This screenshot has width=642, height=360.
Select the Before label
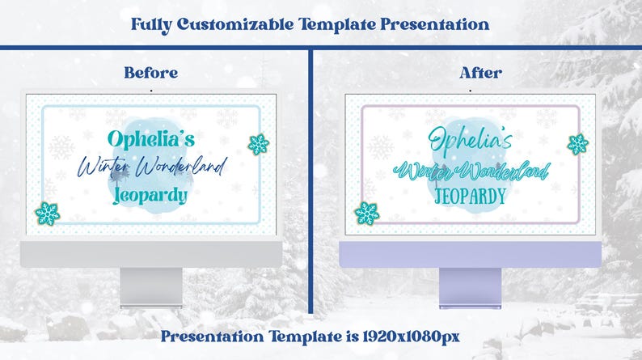coord(150,73)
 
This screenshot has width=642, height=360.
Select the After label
coord(480,73)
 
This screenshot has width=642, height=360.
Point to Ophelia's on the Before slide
coord(150,138)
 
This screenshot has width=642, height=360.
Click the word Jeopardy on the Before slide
coord(150,195)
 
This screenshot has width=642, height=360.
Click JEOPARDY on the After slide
coord(471,196)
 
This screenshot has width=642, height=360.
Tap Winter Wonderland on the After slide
coord(471,170)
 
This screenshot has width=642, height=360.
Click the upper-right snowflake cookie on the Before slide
coord(258,145)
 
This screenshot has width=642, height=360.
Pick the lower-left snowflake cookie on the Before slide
coord(47,214)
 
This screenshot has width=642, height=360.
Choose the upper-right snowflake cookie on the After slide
coord(577,144)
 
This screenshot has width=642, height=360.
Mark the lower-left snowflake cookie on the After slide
coord(366,214)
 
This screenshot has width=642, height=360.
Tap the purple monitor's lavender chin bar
coord(471,254)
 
